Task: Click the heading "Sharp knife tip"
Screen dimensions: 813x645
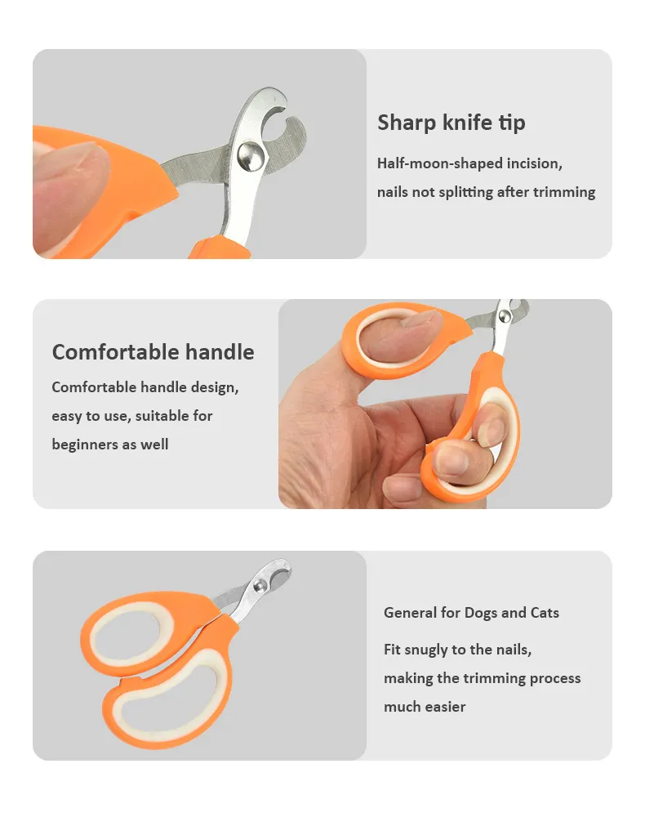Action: [451, 123]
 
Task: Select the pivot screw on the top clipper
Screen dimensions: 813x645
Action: [251, 154]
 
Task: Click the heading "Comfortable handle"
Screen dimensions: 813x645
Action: [153, 352]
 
